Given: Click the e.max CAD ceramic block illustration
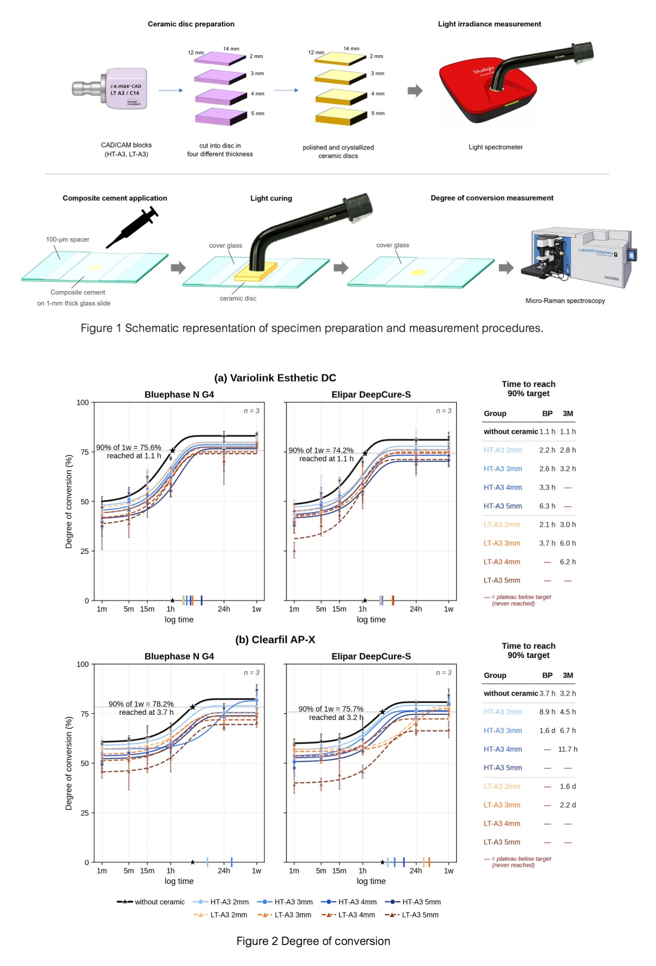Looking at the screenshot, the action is pos(110,88).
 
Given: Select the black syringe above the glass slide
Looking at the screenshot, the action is pos(132,227).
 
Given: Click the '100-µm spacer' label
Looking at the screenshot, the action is pos(68,240).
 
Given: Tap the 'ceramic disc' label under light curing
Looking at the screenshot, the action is pos(238,298).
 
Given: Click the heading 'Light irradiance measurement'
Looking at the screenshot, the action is pos(490,24).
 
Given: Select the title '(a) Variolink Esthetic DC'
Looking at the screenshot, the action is pos(275,378).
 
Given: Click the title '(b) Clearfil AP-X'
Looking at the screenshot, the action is pos(275,640).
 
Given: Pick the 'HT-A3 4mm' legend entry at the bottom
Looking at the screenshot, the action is pos(349,901).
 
